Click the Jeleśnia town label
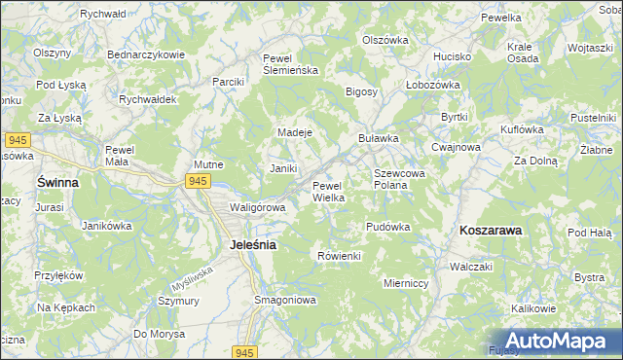[252, 245]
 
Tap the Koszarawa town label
[490, 231]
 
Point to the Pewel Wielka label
[329, 192]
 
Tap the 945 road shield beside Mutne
[198, 181]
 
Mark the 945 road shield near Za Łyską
[15, 140]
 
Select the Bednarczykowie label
[146, 54]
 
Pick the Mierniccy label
[408, 284]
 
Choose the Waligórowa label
[257, 207]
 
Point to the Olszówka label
[385, 40]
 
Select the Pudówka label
[387, 227]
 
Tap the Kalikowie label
[532, 308]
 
